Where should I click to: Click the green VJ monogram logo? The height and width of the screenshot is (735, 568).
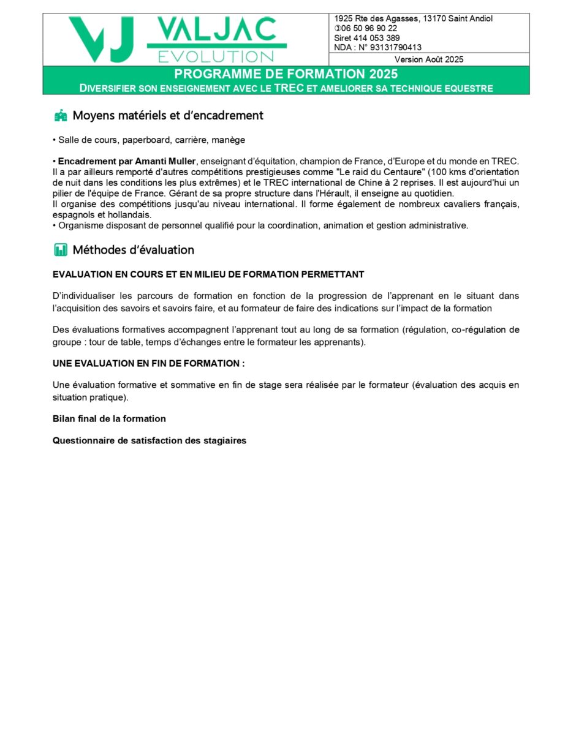click(x=101, y=39)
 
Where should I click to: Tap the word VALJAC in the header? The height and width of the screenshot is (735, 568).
click(x=216, y=29)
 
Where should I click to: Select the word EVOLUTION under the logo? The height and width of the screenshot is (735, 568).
click(x=216, y=56)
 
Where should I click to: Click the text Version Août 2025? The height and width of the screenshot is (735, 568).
click(x=429, y=59)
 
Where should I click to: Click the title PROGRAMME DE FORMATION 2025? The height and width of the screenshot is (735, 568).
click(x=286, y=74)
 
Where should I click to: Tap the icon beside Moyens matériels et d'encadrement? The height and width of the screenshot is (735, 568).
click(x=61, y=116)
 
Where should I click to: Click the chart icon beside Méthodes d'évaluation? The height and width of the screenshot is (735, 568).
click(x=61, y=250)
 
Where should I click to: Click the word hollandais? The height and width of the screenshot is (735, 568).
click(x=130, y=215)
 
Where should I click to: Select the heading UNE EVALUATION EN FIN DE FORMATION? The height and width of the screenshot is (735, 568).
click(x=148, y=363)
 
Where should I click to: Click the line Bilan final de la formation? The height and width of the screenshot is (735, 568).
click(x=109, y=419)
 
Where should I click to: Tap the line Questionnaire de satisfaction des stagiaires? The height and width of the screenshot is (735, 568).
click(x=150, y=440)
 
